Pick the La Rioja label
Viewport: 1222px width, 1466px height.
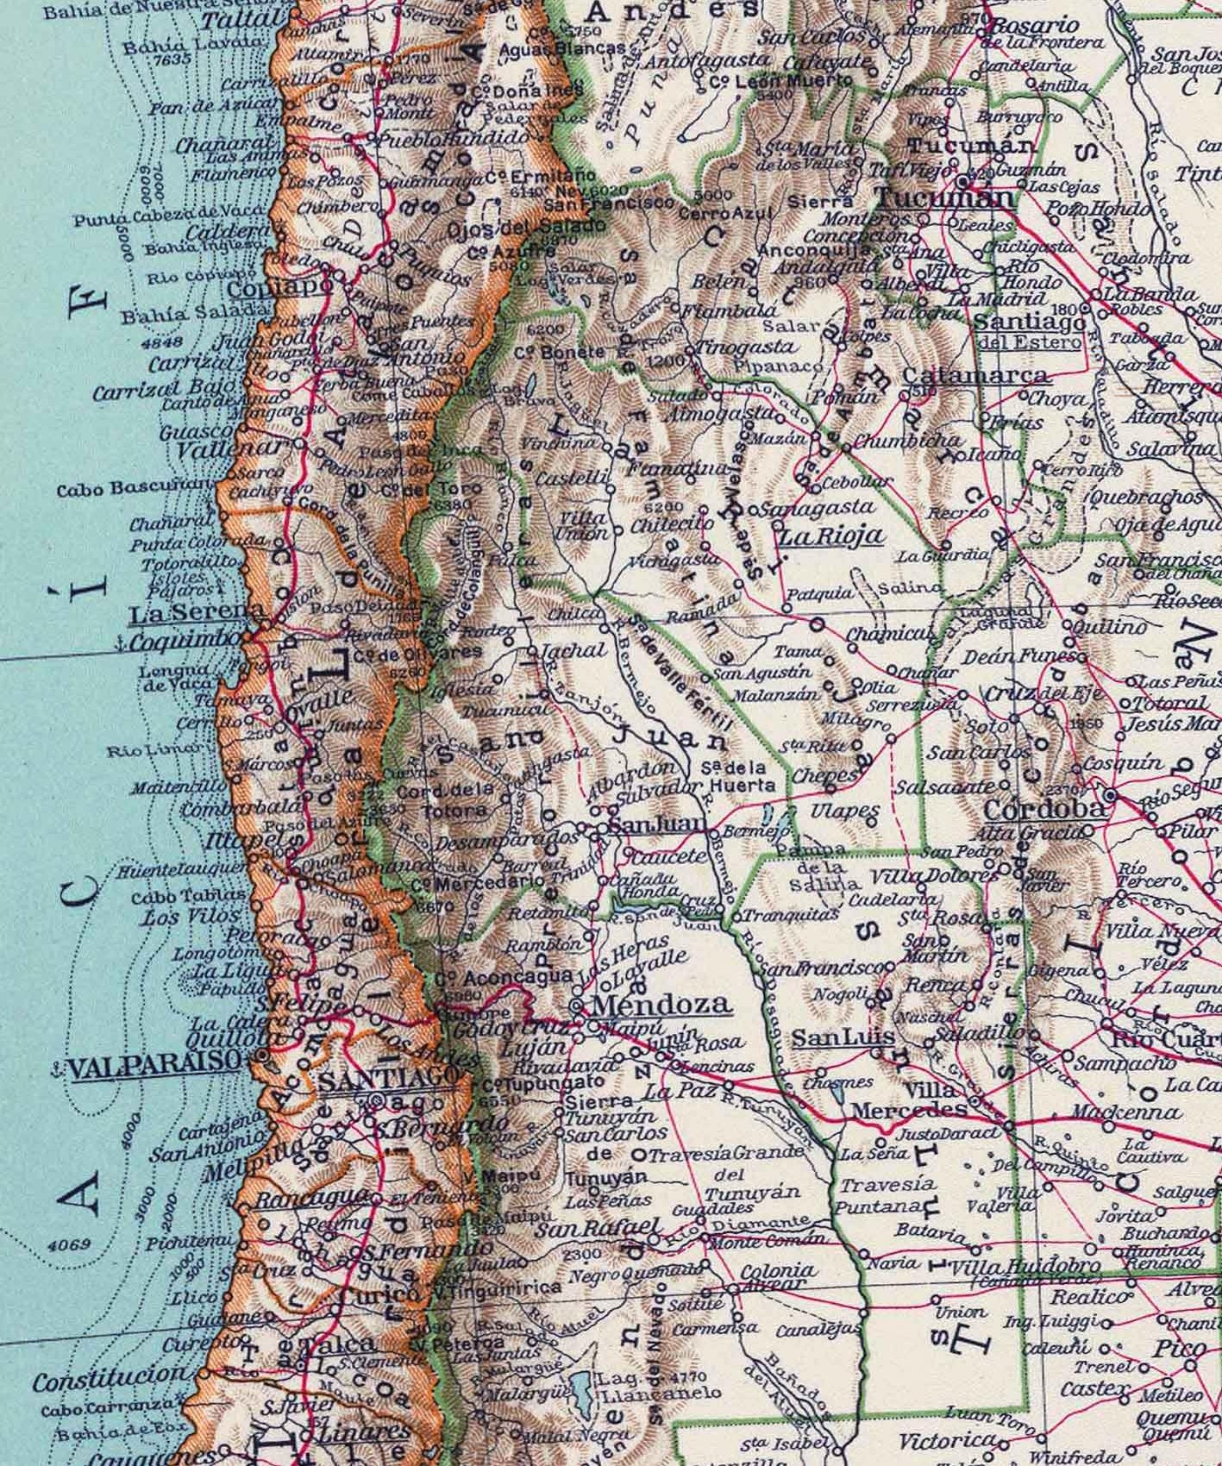tap(831, 536)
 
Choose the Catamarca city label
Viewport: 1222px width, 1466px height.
tap(976, 376)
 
